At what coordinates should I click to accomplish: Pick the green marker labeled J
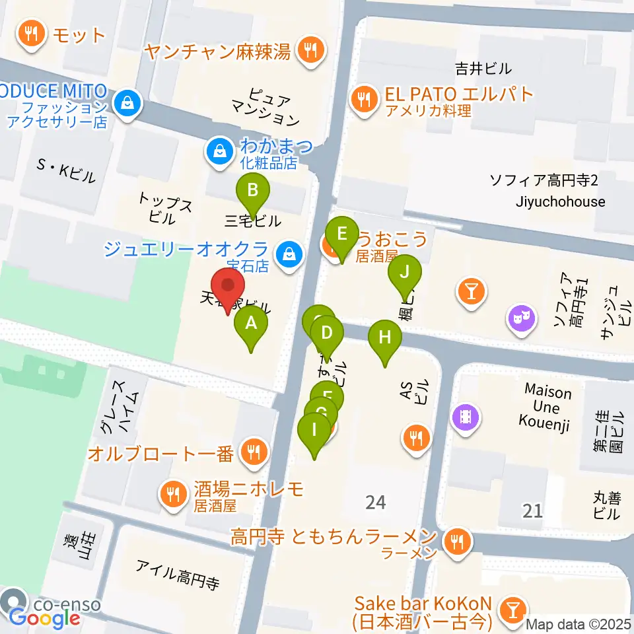click(405, 275)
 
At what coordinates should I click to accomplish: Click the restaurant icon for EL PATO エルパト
click(363, 100)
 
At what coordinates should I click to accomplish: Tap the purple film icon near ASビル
click(466, 415)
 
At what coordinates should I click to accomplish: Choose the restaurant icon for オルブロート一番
click(252, 453)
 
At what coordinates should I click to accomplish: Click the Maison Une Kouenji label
click(548, 406)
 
